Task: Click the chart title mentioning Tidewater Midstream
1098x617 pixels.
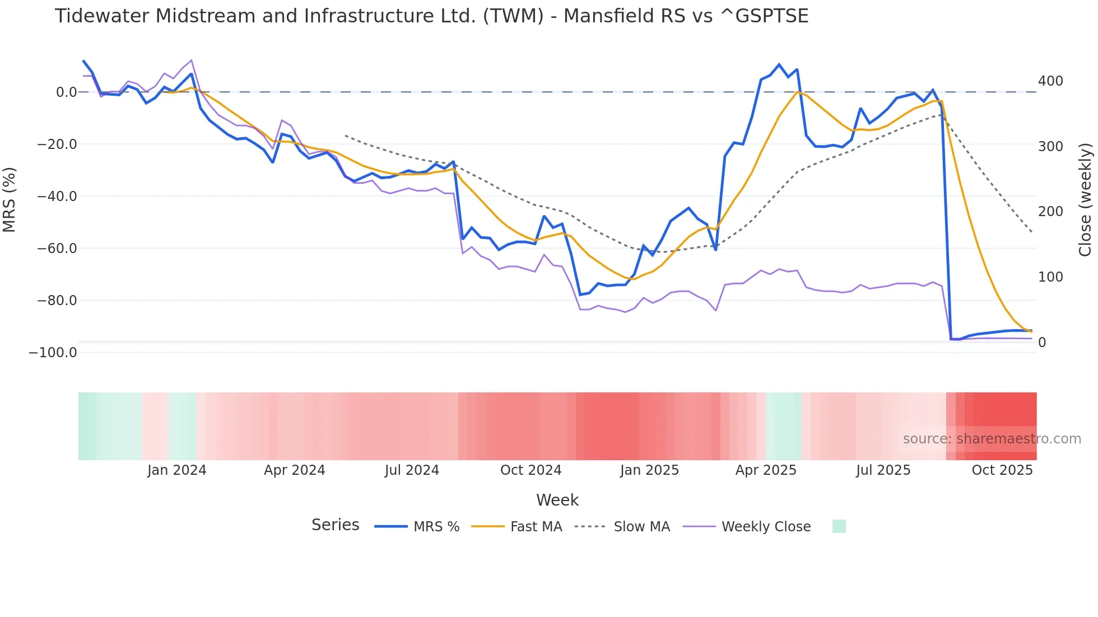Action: coord(431,16)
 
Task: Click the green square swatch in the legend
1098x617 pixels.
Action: coord(839,526)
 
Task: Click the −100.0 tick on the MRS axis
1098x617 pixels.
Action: coord(53,353)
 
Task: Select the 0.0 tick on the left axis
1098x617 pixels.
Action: coord(66,92)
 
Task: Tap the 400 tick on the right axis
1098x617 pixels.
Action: coord(1050,81)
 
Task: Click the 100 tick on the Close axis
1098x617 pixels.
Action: coord(1050,277)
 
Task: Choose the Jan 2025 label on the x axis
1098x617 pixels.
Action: coord(649,470)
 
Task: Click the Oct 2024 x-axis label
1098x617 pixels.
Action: coord(531,470)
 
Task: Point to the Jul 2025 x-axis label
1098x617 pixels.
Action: coord(883,470)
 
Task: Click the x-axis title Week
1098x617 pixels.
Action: coord(557,500)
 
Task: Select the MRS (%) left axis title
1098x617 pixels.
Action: coord(10,200)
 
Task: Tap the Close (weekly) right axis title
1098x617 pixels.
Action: coord(1085,200)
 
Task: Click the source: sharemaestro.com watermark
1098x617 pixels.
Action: coord(992,439)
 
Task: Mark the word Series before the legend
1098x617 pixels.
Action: coord(335,525)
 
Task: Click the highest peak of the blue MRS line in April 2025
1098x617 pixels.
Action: coord(779,64)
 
